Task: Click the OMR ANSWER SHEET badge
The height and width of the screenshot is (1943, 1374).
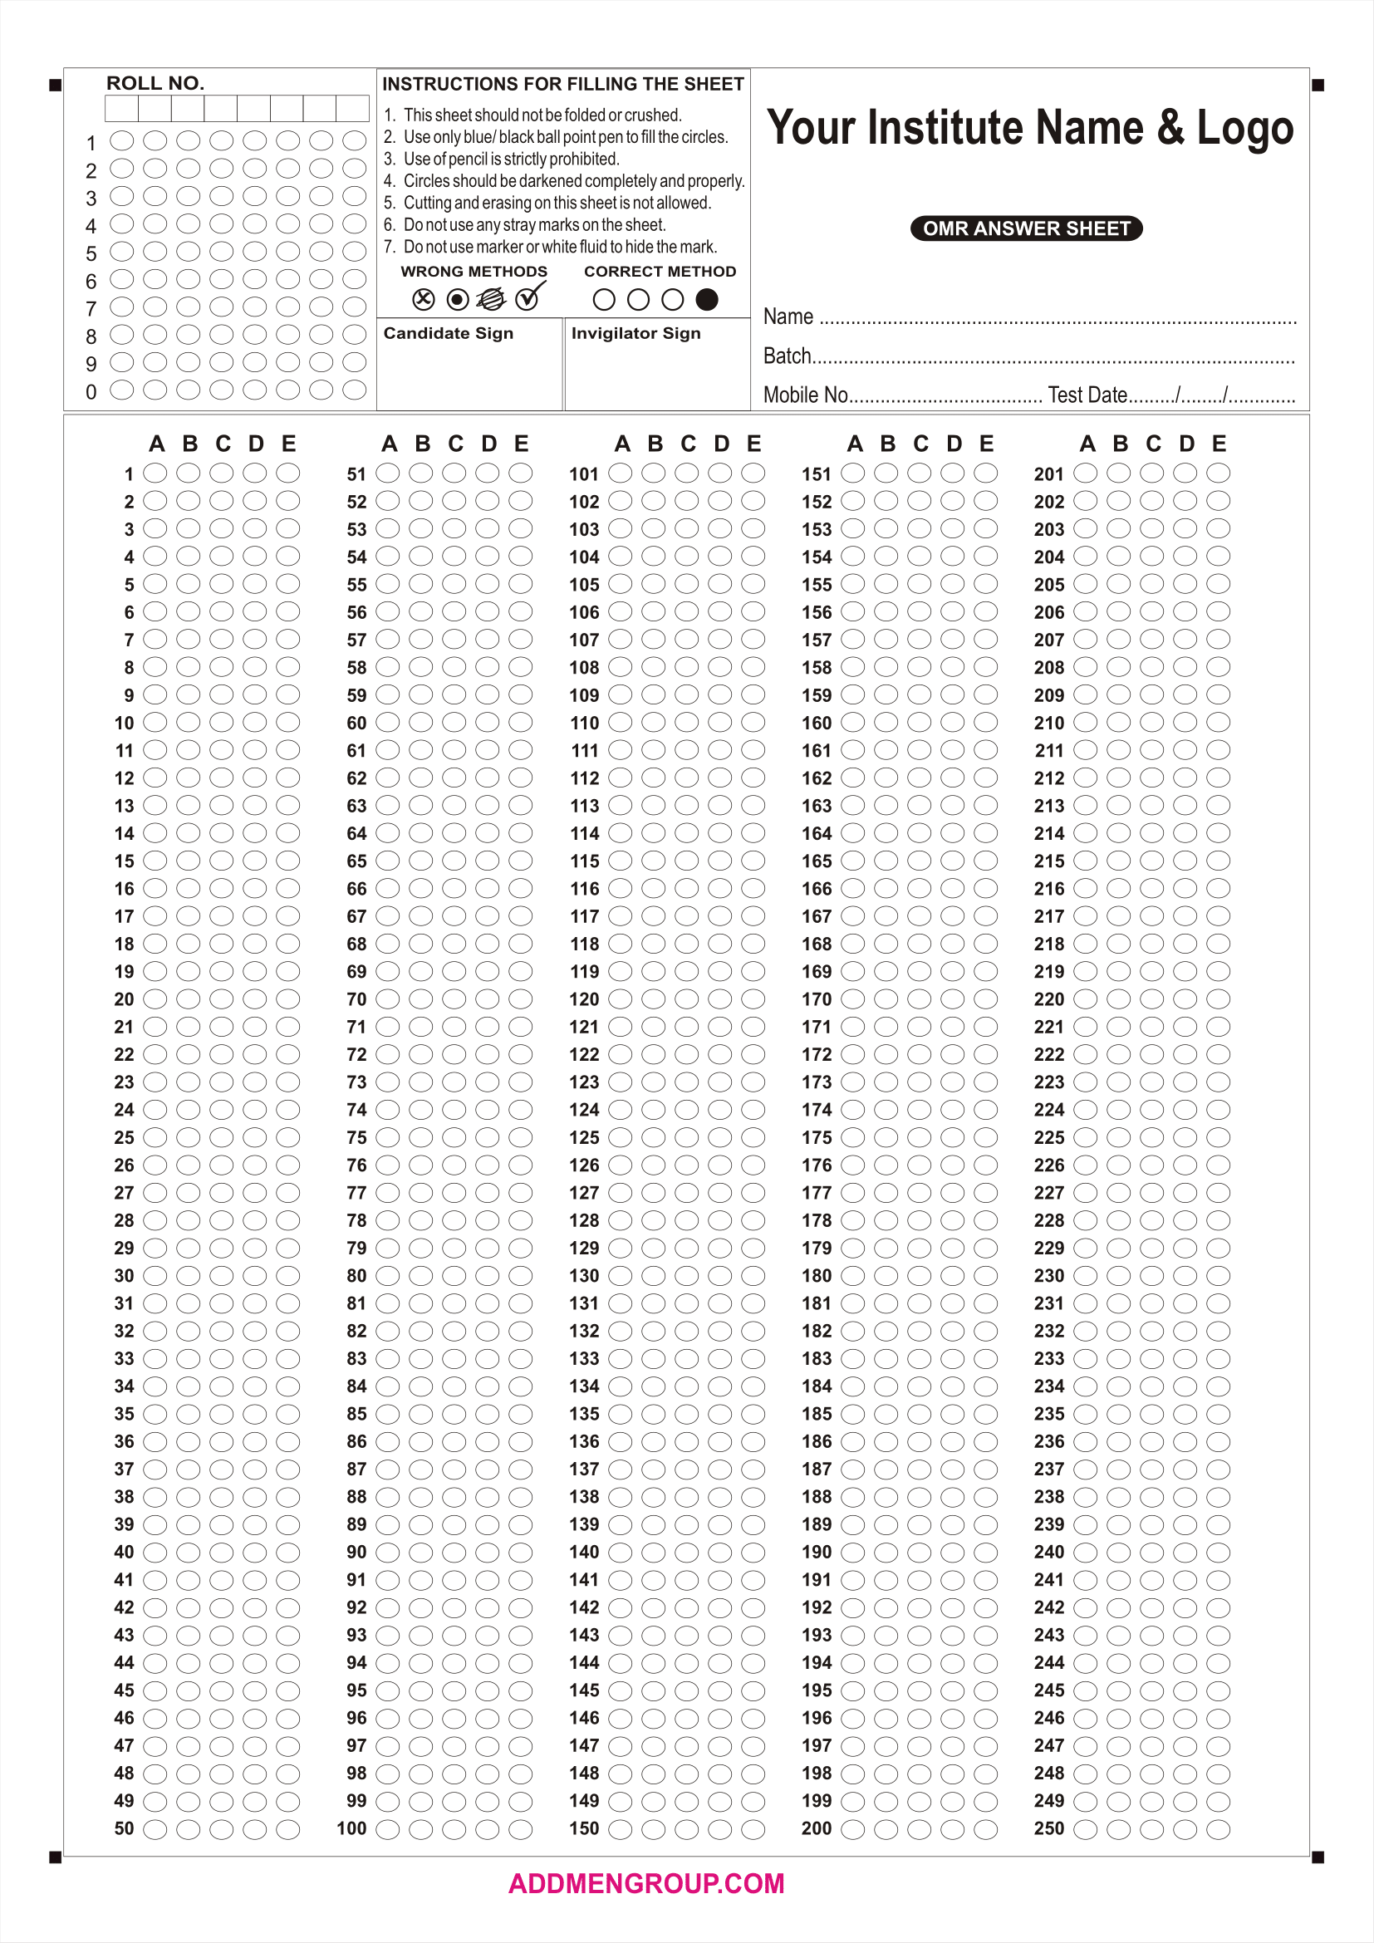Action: [x=1025, y=228]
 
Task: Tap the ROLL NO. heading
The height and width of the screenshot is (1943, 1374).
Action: [x=155, y=83]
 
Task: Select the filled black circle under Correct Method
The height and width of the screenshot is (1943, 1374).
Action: [x=706, y=300]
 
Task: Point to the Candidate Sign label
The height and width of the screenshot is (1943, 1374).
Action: [x=449, y=333]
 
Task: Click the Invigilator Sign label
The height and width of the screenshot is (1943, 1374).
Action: [x=635, y=333]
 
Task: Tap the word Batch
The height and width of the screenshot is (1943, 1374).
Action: [x=787, y=356]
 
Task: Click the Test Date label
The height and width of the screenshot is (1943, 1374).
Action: [x=1087, y=395]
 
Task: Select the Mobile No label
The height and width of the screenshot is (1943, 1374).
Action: [x=806, y=395]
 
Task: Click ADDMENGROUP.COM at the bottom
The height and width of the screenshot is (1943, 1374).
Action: [x=646, y=1883]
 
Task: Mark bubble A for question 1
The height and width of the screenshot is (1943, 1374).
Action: [x=155, y=473]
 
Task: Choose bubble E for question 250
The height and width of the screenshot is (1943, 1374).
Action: [x=1219, y=1828]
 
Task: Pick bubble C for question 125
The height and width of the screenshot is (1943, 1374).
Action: [x=686, y=1136]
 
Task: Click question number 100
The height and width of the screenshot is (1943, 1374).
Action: [x=351, y=1828]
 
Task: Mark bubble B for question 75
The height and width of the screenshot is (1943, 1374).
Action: [x=420, y=1136]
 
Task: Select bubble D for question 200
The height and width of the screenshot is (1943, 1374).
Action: [x=953, y=1828]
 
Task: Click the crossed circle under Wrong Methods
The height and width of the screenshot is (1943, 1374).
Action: [x=423, y=299]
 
